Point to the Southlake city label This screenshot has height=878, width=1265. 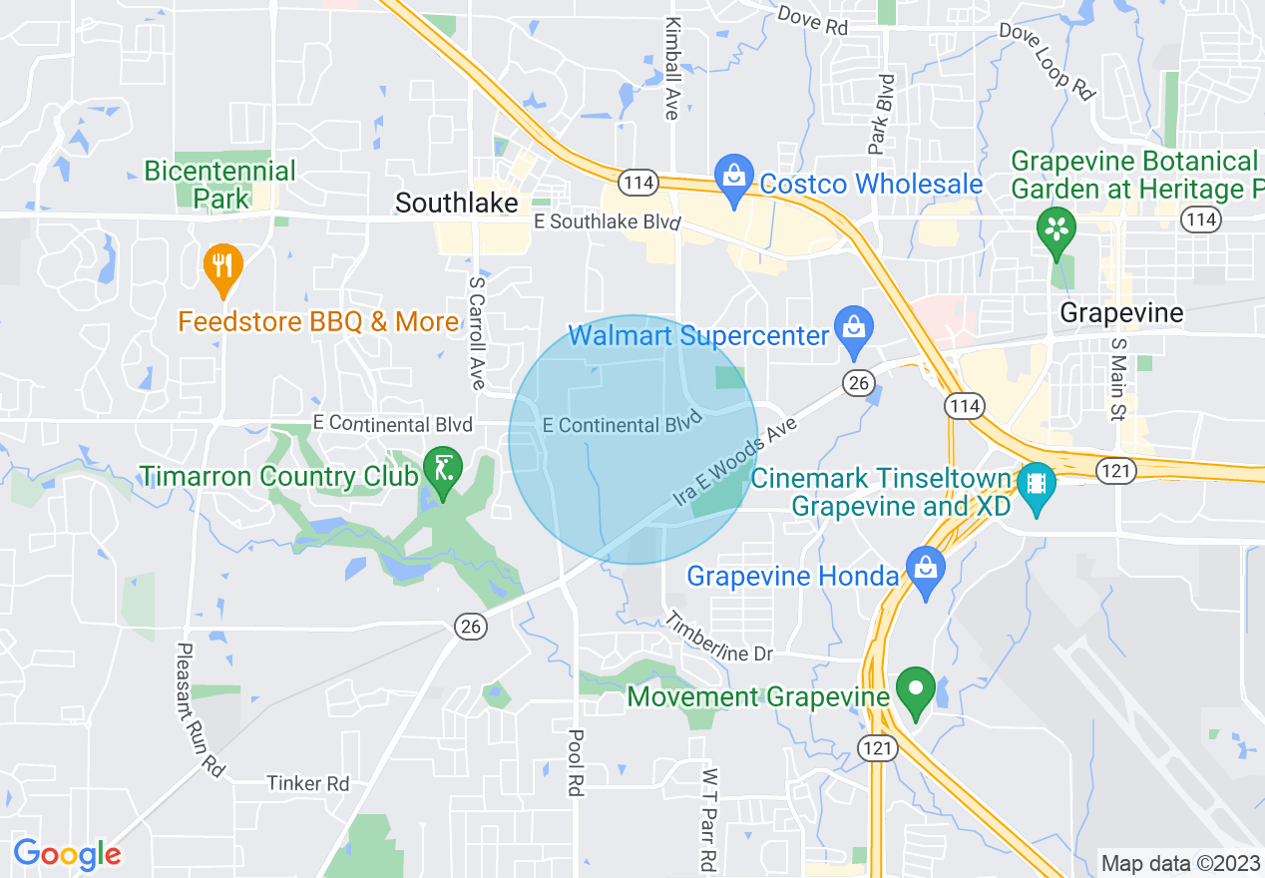pyautogui.click(x=457, y=203)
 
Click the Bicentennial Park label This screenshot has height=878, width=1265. pyautogui.click(x=219, y=185)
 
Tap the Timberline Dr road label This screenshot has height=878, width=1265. pyautogui.click(x=720, y=637)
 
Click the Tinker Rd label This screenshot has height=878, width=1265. pyautogui.click(x=308, y=783)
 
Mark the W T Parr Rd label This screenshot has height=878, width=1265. pyautogui.click(x=708, y=818)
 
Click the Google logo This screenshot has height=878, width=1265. pyautogui.click(x=67, y=854)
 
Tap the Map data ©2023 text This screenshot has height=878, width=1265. pyautogui.click(x=1178, y=863)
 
